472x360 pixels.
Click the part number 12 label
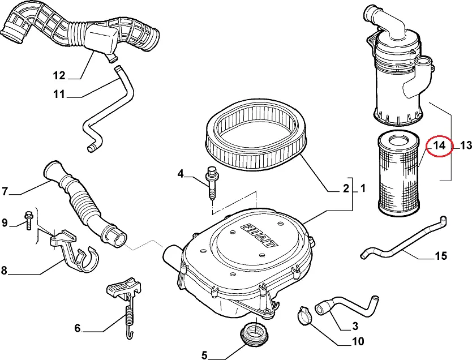[x=59, y=75]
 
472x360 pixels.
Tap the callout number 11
[x=59, y=95]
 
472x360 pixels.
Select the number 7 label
[x=5, y=191]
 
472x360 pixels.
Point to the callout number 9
[x=5, y=222]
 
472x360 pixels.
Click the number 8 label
[x=5, y=270]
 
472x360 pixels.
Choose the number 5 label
[x=204, y=355]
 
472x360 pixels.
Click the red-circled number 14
[x=440, y=145]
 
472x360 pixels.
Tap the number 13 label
[x=465, y=145]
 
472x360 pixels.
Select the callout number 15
[x=441, y=256]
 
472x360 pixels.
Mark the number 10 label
[x=358, y=342]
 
